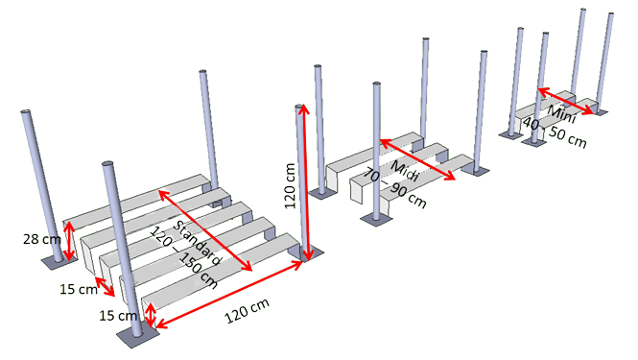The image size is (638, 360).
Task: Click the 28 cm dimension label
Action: pyautogui.click(x=42, y=239)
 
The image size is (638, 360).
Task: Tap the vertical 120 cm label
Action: pyautogui.click(x=290, y=185)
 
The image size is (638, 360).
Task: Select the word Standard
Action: pyautogui.click(x=198, y=243)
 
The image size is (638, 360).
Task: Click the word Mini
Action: pyautogui.click(x=562, y=114)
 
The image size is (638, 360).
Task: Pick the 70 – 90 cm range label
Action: pyautogui.click(x=394, y=188)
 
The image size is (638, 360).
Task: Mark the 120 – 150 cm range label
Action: pyautogui.click(x=183, y=257)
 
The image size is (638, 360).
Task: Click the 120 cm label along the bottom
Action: pyautogui.click(x=247, y=311)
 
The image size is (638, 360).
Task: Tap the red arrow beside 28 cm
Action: pyautogui.click(x=70, y=241)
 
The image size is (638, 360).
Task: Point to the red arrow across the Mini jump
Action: pyautogui.click(x=566, y=101)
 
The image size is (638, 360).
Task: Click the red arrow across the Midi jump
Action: pyautogui.click(x=417, y=159)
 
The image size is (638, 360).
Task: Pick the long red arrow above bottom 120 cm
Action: pyautogui.click(x=229, y=295)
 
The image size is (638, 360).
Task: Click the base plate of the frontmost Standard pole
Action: pyautogui.click(x=138, y=336)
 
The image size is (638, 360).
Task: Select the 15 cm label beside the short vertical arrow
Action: pyautogui.click(x=118, y=315)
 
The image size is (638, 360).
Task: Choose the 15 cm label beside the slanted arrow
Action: pyautogui.click(x=79, y=289)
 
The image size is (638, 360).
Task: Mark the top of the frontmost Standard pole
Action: pyautogui.click(x=108, y=164)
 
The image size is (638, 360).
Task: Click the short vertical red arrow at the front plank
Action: pyautogui.click(x=151, y=316)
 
